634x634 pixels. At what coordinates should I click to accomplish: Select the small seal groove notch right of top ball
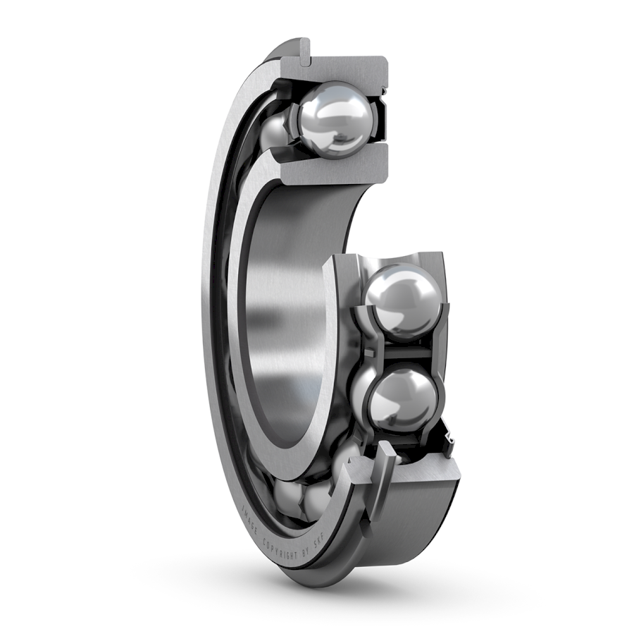click(x=385, y=92)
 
